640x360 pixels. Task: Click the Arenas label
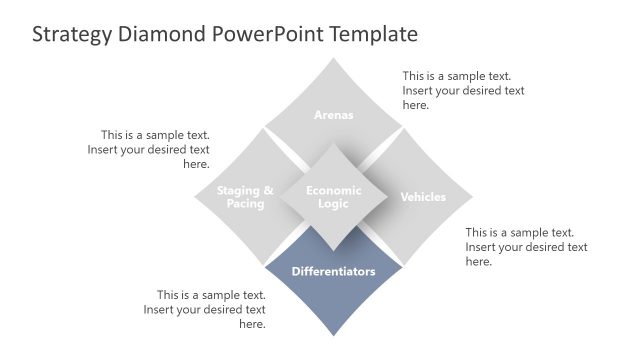coord(333,114)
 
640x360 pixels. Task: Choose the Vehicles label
coord(423,197)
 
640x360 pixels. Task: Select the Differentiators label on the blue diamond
coord(333,271)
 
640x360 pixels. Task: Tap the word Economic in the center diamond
coord(333,190)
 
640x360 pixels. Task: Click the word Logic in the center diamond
coord(333,204)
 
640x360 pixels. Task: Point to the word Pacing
coord(245,204)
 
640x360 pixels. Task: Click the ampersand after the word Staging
coord(267,190)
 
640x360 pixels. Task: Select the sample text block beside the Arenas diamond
coord(463,90)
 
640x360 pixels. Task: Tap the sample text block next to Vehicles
coord(526,246)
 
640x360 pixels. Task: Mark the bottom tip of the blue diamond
coord(333,336)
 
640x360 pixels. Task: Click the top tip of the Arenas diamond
coord(333,58)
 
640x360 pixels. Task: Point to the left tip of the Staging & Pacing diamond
coord(195,197)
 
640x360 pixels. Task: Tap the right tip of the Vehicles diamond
coord(472,197)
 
